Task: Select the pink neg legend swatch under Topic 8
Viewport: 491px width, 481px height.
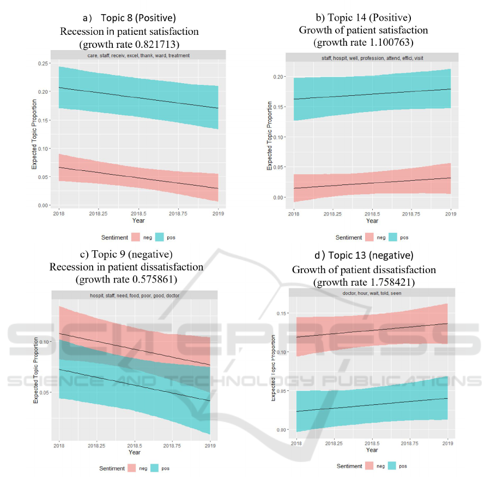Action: [136, 238]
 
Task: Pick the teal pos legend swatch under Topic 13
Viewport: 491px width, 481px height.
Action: [395, 466]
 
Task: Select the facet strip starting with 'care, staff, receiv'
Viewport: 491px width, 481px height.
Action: [135, 55]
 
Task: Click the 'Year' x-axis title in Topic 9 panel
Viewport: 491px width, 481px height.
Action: [135, 452]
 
